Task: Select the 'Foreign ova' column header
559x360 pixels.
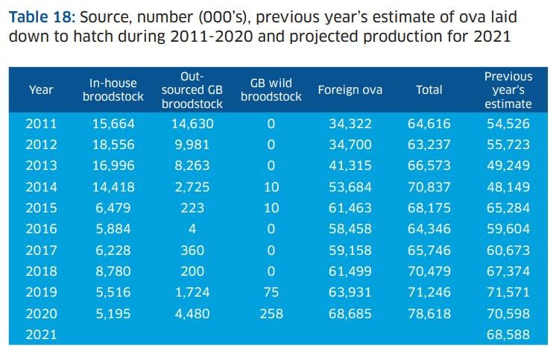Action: coord(350,90)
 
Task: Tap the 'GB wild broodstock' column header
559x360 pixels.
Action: coord(271,90)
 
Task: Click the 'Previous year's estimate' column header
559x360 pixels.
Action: coord(508,90)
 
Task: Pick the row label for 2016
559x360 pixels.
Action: coord(40,229)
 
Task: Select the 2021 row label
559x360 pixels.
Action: coord(40,335)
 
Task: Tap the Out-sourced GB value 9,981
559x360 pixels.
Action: coord(192,145)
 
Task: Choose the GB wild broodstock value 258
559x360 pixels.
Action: coord(271,314)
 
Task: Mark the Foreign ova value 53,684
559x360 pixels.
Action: coord(350,187)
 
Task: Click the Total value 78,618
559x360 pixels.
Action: coord(429,314)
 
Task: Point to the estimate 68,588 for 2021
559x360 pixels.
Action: coord(508,335)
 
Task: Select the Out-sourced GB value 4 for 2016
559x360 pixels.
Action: coord(192,229)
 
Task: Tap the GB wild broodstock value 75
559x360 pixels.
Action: coord(271,292)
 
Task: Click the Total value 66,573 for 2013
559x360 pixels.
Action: coord(429,165)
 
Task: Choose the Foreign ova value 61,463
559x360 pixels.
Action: coord(350,208)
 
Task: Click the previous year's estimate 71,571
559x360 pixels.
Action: coord(508,292)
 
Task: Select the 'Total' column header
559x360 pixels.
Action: coord(429,90)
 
